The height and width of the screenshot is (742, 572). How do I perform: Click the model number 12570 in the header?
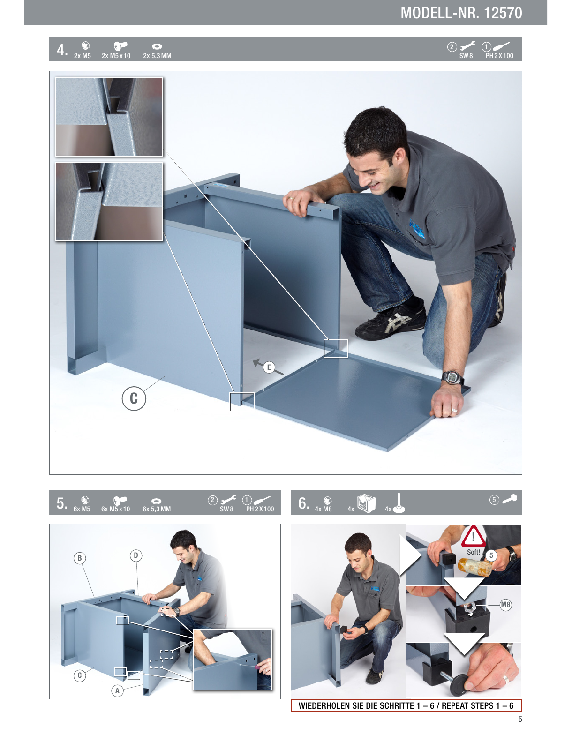coord(503,13)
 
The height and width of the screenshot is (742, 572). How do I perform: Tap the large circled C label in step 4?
coord(134,398)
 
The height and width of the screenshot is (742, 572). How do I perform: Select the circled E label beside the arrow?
coord(269,367)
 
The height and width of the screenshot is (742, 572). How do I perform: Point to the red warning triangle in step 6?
coord(474,536)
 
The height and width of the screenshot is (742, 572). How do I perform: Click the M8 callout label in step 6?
coord(505,605)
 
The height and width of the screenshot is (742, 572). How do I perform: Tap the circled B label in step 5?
coord(80,558)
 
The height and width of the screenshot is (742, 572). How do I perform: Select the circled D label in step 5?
coord(136,555)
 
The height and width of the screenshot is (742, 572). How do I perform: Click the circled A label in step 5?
coord(118,691)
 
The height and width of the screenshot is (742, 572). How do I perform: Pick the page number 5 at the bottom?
coord(520,719)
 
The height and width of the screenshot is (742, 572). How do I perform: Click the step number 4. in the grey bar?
coord(62,50)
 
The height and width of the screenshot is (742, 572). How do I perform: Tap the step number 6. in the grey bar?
coord(304,503)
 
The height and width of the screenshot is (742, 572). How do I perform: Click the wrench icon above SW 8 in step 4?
coord(467,46)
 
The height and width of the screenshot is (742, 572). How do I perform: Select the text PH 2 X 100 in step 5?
coord(260,509)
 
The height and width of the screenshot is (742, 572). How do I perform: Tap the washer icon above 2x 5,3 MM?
coord(157,46)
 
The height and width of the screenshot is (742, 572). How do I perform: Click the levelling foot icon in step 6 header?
coord(399,502)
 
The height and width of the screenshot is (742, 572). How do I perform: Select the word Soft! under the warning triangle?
coord(474,552)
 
